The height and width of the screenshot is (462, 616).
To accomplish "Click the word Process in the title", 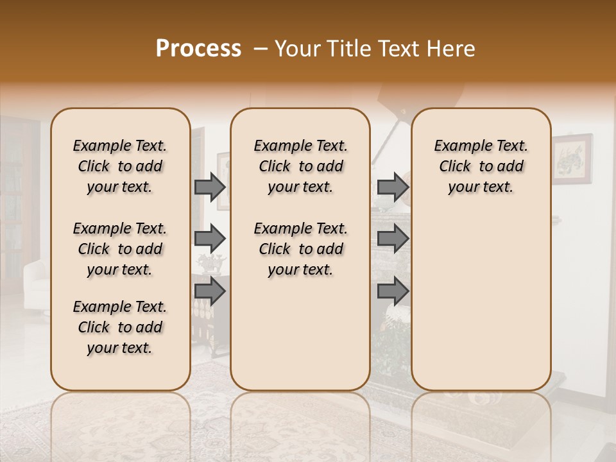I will [x=198, y=49].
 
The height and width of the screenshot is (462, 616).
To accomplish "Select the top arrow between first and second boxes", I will [x=210, y=187].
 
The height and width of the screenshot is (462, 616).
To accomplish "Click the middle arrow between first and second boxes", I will [x=210, y=239].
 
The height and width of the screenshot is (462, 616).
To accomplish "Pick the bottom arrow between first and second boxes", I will [x=210, y=291].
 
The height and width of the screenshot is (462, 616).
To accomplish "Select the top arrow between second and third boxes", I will [x=393, y=187].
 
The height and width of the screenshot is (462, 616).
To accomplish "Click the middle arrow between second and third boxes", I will [x=393, y=239].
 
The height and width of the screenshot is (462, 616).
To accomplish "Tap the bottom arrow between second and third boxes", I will [x=393, y=291].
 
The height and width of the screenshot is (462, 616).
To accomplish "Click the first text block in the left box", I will [x=120, y=166].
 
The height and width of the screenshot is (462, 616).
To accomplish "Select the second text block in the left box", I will [x=120, y=249].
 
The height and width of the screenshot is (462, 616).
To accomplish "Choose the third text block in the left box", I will [x=120, y=327].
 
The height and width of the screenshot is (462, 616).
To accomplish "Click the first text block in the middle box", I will [x=300, y=166].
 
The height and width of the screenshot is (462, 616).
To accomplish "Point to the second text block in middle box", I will [x=300, y=249].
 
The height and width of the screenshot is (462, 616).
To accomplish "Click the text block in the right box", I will [x=481, y=166].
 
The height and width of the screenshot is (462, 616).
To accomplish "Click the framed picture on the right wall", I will [x=572, y=158].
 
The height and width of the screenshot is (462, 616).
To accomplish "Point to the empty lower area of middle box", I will [x=300, y=334].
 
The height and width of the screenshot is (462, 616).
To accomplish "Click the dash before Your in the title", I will [x=261, y=49].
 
